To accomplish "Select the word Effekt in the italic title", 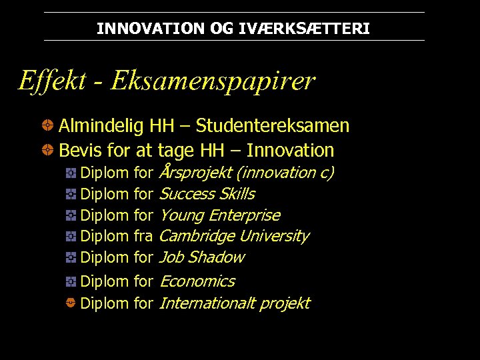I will coord(52,81).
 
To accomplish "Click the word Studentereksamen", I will coord(272,126).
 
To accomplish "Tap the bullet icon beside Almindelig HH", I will coord(48,125).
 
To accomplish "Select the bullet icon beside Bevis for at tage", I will coord(48,149).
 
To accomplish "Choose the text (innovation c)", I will coord(285,173).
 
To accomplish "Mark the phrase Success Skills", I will coord(207,194).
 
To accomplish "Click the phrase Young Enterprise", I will coord(220,215).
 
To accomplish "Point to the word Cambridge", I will coord(197,236).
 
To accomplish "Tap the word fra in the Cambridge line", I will coord(144,236).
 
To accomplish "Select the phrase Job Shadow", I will coord(202,257).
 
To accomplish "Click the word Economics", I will coord(197,281).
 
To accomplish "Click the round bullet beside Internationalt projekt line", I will coord(70,303).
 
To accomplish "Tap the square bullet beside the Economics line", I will coord(70,281).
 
